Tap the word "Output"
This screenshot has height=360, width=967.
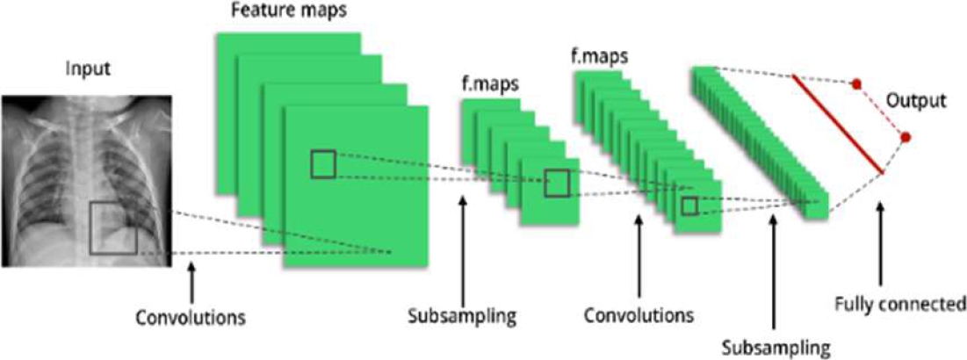point(916,100)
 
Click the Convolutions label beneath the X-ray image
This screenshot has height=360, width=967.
point(190,314)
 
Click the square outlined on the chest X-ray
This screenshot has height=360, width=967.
point(113,228)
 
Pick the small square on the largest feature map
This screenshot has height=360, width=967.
point(322,164)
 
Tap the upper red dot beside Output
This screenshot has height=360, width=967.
point(855,85)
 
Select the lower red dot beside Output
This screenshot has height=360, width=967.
point(905,138)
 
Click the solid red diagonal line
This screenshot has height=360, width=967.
point(837,123)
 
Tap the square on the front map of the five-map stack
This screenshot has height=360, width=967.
point(557,183)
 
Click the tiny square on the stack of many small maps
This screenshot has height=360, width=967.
point(689,205)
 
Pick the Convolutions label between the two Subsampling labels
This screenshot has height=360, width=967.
point(639,314)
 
